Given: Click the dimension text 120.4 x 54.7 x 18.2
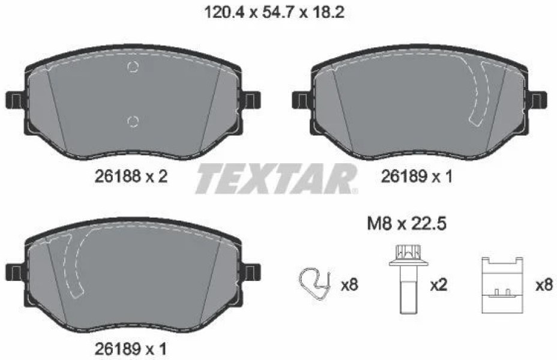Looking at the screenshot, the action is (x=274, y=13).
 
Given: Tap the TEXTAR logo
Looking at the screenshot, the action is (x=276, y=179).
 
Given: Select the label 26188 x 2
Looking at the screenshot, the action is (x=131, y=176).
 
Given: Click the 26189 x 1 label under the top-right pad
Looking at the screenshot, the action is (x=417, y=176).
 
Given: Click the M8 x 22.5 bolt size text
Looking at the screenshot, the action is (x=406, y=224).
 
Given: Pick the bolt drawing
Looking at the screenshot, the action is (x=408, y=279).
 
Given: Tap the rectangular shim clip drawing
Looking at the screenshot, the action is (x=502, y=285).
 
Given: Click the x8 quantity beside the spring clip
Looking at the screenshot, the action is (x=349, y=285).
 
